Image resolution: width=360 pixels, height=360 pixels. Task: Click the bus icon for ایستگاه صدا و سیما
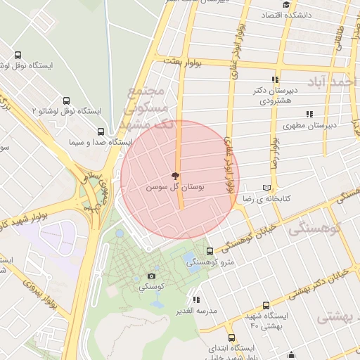(x=101, y=131)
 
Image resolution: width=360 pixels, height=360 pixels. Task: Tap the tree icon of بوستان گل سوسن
(x=175, y=176)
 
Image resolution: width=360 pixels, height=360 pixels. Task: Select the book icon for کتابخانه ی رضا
(x=266, y=188)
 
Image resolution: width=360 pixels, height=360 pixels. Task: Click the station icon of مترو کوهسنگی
(x=209, y=251)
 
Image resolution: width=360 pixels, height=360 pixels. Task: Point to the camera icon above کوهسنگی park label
(x=151, y=276)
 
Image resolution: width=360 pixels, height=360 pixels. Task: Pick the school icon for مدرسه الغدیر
(x=196, y=300)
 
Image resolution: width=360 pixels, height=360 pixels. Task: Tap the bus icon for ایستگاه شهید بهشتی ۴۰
(x=266, y=305)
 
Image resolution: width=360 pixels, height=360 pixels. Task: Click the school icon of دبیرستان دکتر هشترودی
(x=276, y=80)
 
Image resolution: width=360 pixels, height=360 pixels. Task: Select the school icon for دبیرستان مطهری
(x=309, y=115)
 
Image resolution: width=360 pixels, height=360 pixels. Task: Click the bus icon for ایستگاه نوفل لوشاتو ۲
(x=67, y=101)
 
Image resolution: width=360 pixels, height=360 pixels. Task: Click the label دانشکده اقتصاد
(x=281, y=15)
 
